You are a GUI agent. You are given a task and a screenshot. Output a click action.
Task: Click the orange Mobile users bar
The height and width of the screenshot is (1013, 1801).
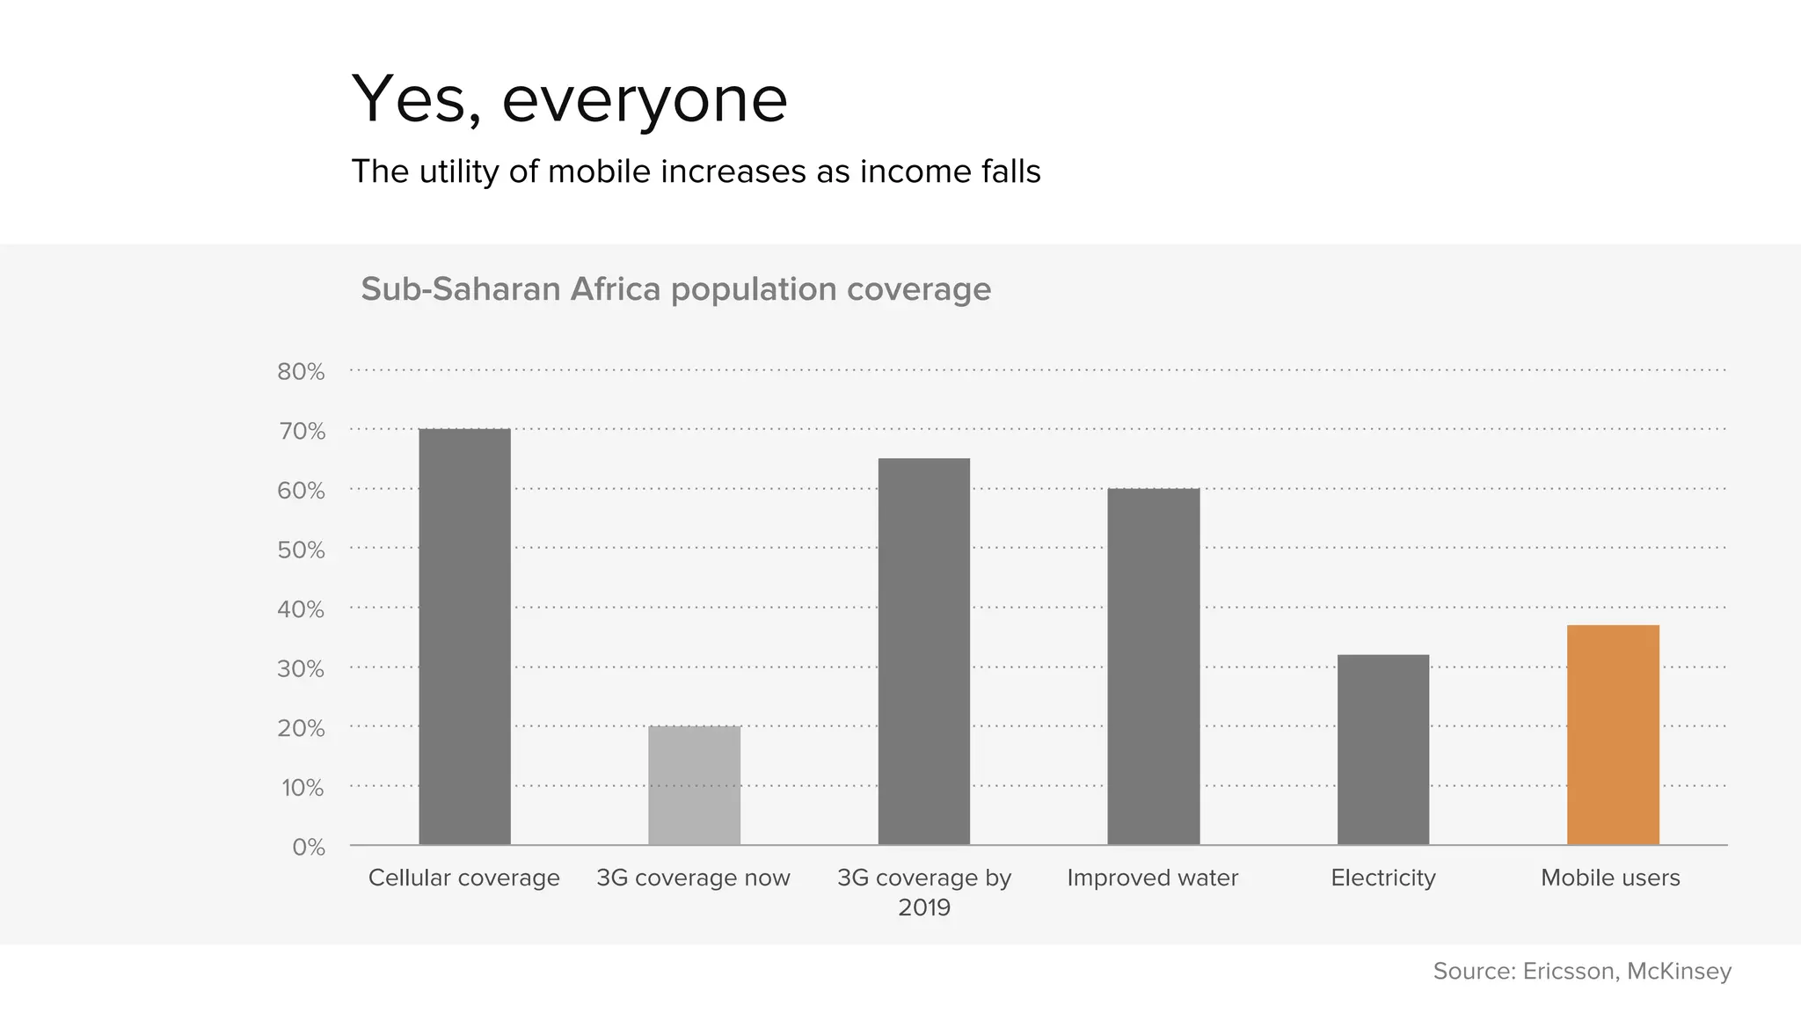click(x=1613, y=735)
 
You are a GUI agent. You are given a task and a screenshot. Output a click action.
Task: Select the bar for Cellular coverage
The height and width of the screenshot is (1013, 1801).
click(x=464, y=637)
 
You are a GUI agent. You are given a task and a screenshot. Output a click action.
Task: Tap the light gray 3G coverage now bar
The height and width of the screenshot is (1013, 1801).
click(x=694, y=785)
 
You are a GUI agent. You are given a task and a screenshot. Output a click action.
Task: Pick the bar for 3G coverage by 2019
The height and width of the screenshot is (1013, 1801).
click(x=923, y=652)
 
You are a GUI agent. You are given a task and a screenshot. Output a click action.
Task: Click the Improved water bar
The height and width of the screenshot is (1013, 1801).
click(x=1153, y=667)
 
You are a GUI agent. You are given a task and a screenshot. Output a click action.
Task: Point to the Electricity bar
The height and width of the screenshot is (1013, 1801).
click(x=1382, y=749)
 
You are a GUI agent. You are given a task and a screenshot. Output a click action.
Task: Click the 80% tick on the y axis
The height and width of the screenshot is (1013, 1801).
click(x=301, y=372)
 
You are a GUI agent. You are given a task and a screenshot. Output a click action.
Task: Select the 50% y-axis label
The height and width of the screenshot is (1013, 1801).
click(x=301, y=550)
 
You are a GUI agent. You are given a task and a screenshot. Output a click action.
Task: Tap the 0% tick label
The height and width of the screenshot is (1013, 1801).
click(x=308, y=848)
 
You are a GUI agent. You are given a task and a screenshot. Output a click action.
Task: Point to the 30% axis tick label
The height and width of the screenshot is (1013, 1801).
click(x=301, y=669)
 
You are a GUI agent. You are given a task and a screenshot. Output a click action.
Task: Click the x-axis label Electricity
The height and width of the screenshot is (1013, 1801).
click(x=1382, y=878)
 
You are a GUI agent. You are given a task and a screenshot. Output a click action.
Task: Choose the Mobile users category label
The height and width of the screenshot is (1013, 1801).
click(x=1610, y=878)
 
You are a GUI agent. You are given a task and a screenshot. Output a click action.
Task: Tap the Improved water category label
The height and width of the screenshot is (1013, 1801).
click(x=1152, y=878)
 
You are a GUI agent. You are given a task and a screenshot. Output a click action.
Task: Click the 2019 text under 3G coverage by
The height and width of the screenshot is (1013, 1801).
click(x=923, y=907)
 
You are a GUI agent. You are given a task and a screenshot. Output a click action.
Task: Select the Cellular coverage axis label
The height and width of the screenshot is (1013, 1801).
click(x=463, y=878)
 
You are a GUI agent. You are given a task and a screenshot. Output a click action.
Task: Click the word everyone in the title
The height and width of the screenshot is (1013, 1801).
click(x=645, y=101)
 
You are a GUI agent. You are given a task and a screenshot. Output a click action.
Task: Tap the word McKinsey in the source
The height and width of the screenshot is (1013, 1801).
click(x=1678, y=971)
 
